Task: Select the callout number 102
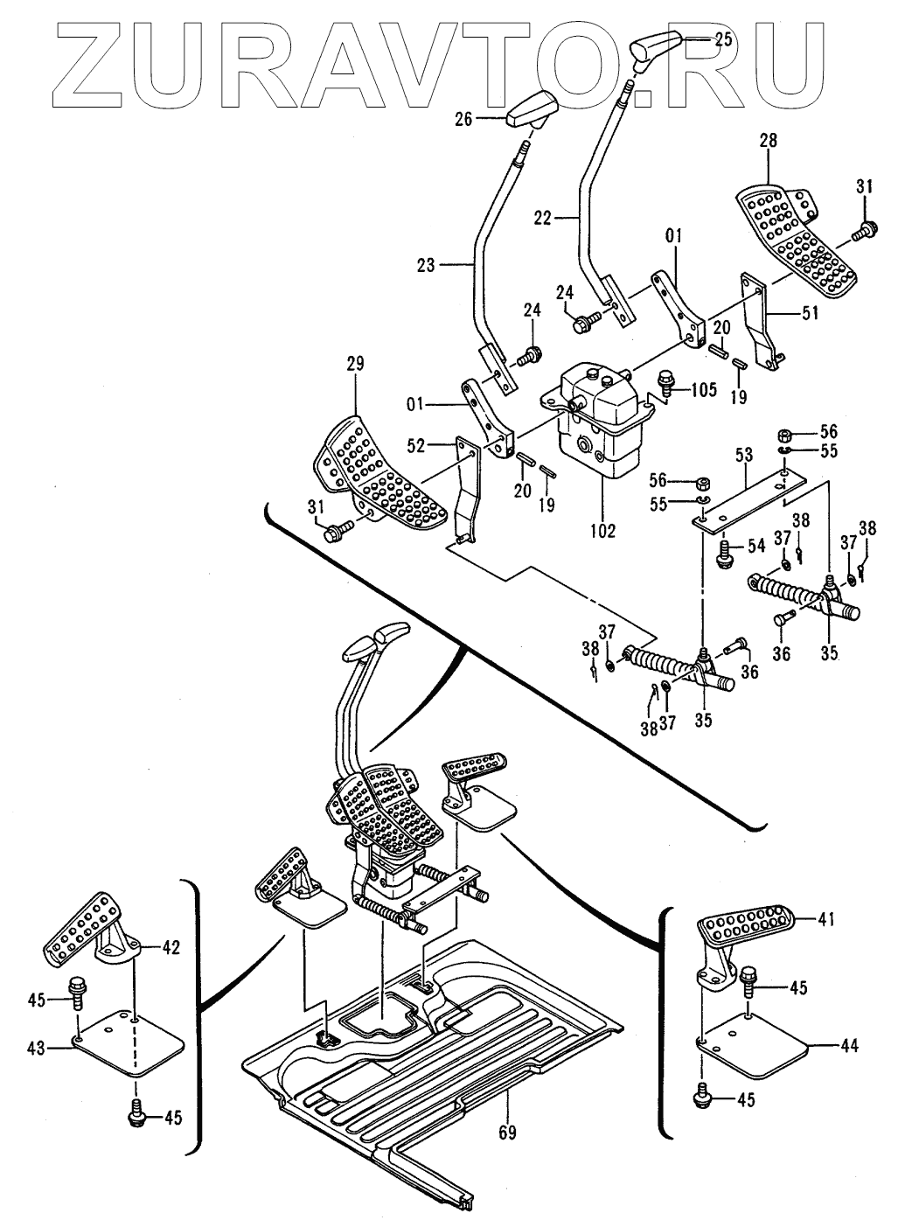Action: (x=602, y=531)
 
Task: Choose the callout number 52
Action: (x=415, y=445)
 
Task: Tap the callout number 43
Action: (x=37, y=1049)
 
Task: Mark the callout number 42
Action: (x=170, y=948)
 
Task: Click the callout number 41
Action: (x=826, y=919)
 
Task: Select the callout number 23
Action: (x=426, y=265)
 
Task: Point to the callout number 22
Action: (x=544, y=218)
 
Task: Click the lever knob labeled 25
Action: (x=655, y=48)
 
